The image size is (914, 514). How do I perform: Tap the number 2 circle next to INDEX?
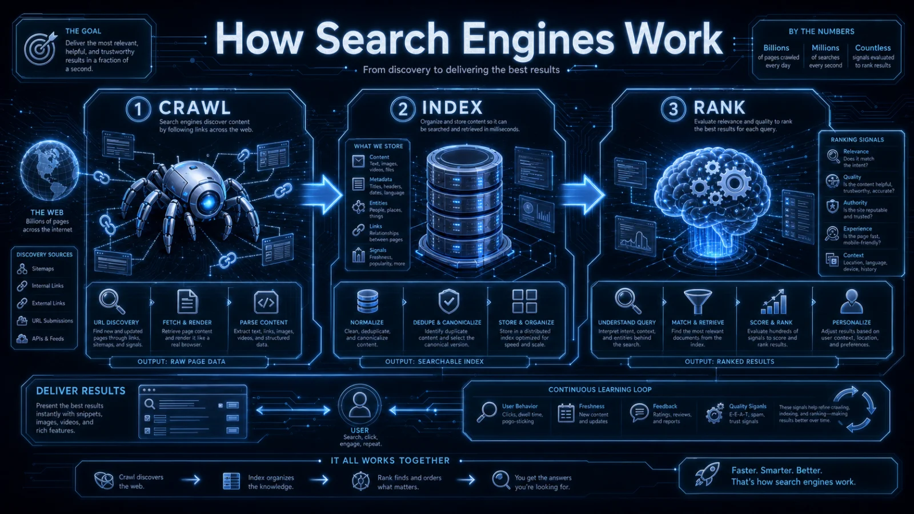[402, 109]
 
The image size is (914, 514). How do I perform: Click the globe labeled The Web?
[49, 171]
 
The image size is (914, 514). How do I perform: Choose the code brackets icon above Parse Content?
[266, 302]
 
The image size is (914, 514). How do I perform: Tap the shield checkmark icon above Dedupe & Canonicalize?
[449, 302]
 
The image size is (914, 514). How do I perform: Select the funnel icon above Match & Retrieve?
[697, 302]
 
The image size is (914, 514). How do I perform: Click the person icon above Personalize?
[852, 302]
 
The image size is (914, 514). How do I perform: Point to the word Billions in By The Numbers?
[776, 48]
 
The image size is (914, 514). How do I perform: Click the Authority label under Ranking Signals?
[855, 203]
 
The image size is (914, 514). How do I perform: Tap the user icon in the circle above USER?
[359, 405]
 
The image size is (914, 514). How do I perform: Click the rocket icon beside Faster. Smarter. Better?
[707, 474]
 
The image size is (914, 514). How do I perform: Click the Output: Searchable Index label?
[434, 362]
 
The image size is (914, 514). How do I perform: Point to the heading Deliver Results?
[81, 391]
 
